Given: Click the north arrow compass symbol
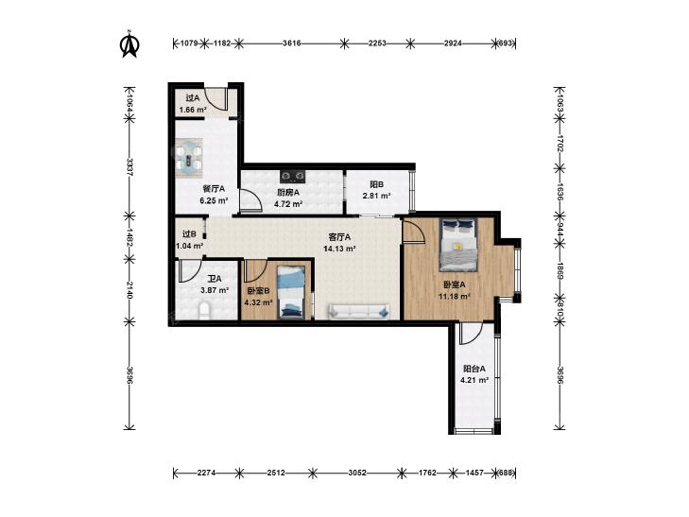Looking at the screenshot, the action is pos(130,43).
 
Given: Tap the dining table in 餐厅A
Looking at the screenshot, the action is pos(189,158).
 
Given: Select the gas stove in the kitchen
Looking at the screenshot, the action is pos(293,176).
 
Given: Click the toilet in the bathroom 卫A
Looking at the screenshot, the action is pos(205,310).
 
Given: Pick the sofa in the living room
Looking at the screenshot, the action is pos(358,312).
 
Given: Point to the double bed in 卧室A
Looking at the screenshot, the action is pos(458,245).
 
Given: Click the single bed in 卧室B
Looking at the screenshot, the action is pos(291,293).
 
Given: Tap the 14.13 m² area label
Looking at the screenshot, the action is pos(339,249).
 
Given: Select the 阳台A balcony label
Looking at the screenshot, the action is pos(474,369).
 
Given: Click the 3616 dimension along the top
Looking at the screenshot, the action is pos(292,43).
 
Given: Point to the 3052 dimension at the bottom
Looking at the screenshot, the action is pos(357,474).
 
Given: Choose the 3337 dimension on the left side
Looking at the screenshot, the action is pos(129,167).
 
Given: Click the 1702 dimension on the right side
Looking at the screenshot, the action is pos(560,144).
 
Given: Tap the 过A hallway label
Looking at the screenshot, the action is pos(193,98).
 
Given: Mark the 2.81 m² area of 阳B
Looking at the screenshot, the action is pos(376,196).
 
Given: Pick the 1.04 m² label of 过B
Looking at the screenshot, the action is pos(189,246).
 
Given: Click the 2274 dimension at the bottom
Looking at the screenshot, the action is pos(207,474).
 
